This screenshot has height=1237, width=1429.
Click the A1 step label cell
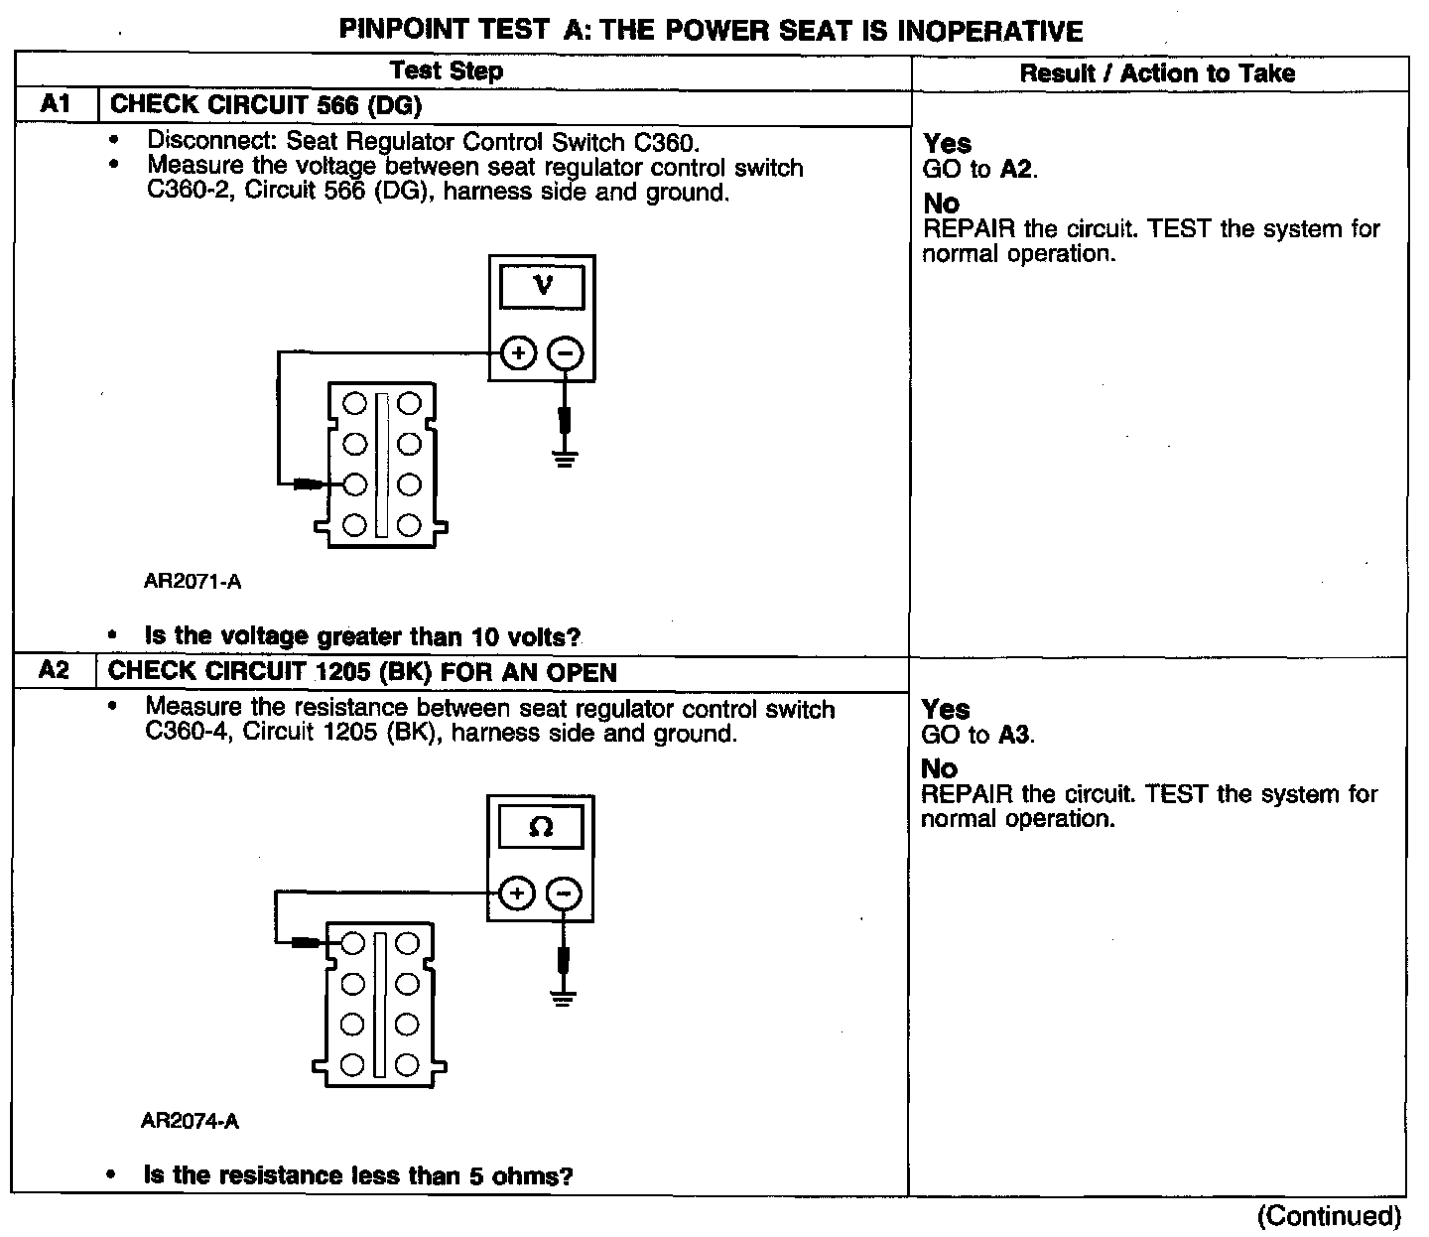tap(57, 105)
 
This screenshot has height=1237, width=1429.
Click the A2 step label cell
tap(55, 671)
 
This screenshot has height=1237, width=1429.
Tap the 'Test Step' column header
tap(447, 71)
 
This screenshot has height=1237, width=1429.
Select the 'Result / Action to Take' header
tap(1157, 73)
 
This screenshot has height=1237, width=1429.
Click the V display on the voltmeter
tap(543, 287)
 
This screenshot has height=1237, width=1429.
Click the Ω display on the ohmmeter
tap(541, 827)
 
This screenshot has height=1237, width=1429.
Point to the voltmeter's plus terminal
tap(517, 352)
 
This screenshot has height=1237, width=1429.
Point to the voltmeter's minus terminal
tap(566, 352)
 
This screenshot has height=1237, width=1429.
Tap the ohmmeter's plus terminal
tap(515, 893)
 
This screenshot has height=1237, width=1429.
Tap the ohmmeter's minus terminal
tap(564, 893)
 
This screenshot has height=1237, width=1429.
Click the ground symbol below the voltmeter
tap(566, 458)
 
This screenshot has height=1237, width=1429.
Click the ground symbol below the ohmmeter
tap(564, 997)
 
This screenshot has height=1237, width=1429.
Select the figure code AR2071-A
tap(193, 582)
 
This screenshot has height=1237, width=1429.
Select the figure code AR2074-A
tap(190, 1122)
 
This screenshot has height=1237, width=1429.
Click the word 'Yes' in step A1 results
tap(947, 144)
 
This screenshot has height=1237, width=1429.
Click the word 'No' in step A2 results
tap(939, 768)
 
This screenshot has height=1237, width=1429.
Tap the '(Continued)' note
tap(1329, 1216)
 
